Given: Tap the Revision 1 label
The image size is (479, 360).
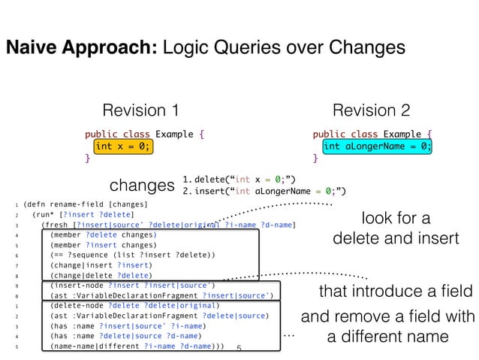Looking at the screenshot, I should pos(140,111).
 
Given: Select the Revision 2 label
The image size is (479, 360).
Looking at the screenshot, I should pos(371,111).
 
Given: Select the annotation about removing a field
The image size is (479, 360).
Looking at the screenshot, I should pos(388,327).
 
